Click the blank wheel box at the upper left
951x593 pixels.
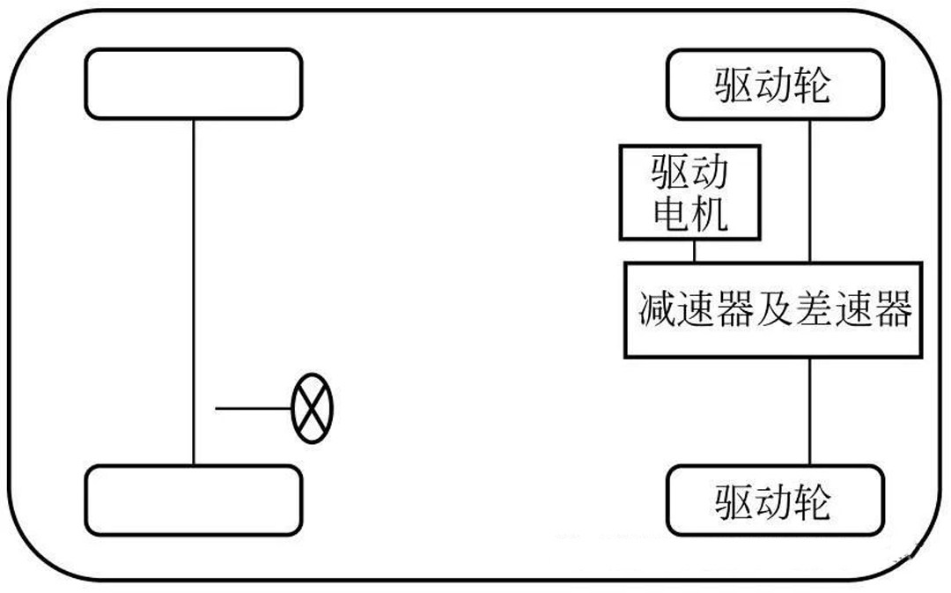click(x=194, y=84)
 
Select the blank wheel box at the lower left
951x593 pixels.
click(x=194, y=500)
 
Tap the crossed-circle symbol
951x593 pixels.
click(x=313, y=408)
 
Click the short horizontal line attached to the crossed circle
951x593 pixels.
click(x=254, y=408)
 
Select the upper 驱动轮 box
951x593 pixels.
click(x=775, y=84)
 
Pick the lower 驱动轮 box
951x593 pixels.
click(x=775, y=500)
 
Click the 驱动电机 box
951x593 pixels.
click(x=689, y=193)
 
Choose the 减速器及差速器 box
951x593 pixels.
click(x=774, y=309)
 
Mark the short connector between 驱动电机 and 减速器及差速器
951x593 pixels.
click(x=695, y=250)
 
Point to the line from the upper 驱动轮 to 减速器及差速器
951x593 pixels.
click(x=811, y=189)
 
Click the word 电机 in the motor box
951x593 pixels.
click(x=689, y=214)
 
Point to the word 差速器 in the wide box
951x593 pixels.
click(x=853, y=310)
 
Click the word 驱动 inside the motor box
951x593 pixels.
click(x=689, y=173)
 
